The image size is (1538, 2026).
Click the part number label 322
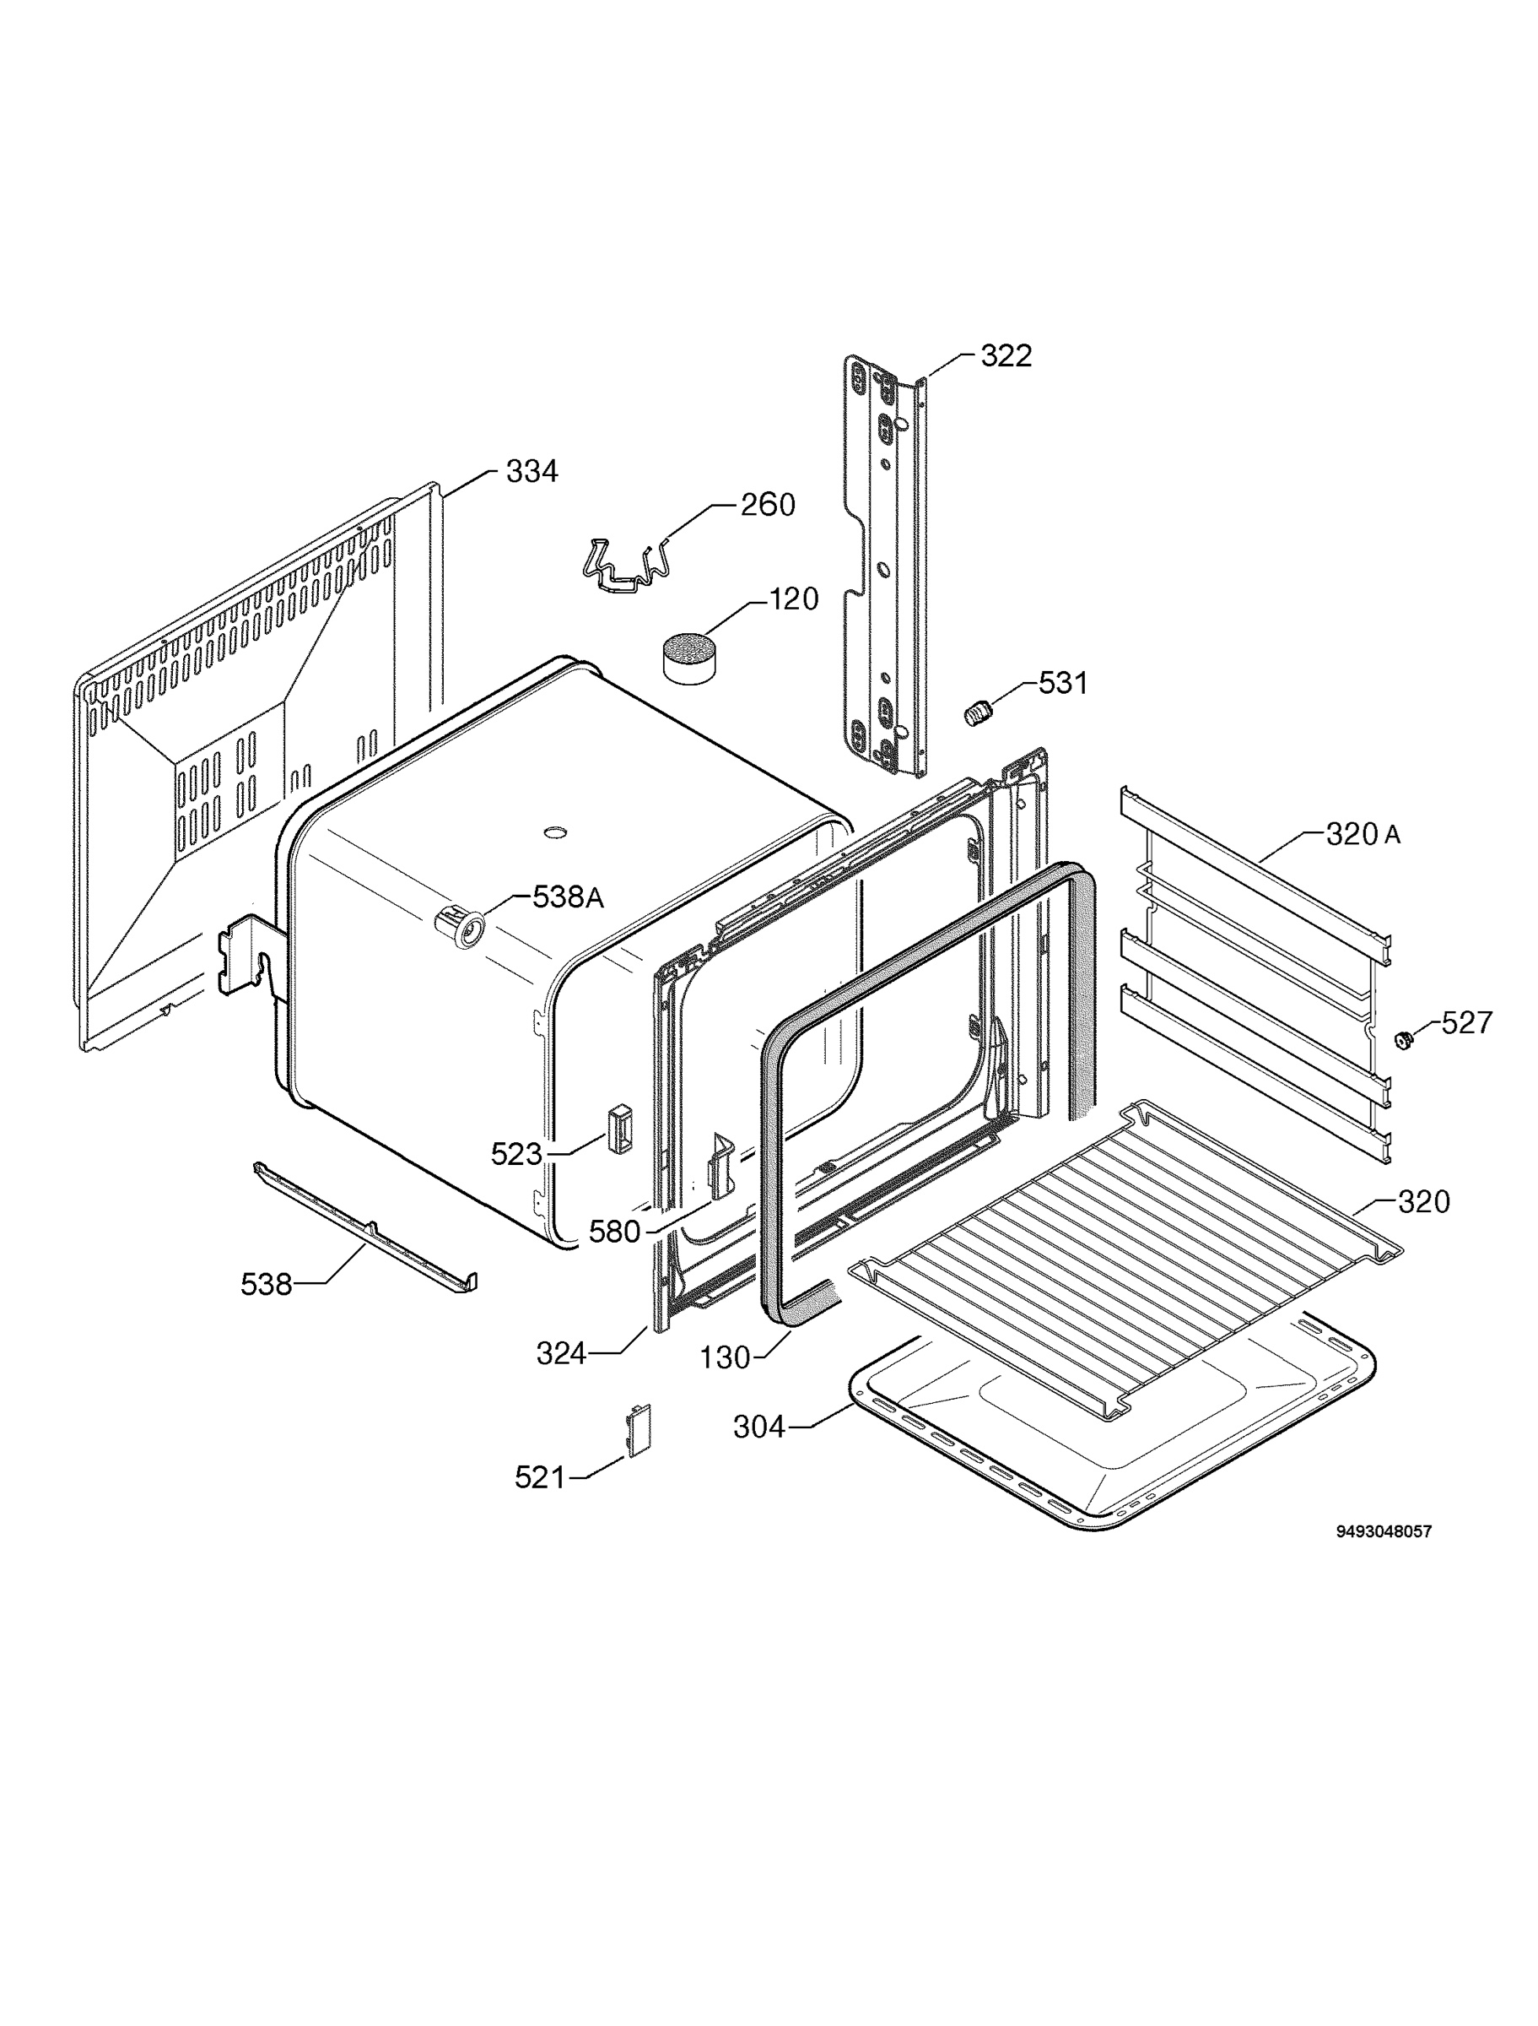(1006, 356)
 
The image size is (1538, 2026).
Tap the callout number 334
(532, 472)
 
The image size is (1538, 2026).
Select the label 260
(768, 505)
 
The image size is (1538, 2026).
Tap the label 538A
(569, 897)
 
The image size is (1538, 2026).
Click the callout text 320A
(1363, 834)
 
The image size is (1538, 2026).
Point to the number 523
(517, 1154)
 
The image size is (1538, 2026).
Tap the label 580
(614, 1232)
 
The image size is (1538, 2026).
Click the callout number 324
(561, 1354)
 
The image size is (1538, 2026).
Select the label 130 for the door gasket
(725, 1357)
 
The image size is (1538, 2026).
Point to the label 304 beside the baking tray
(759, 1427)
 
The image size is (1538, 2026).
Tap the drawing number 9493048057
(1384, 1530)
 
